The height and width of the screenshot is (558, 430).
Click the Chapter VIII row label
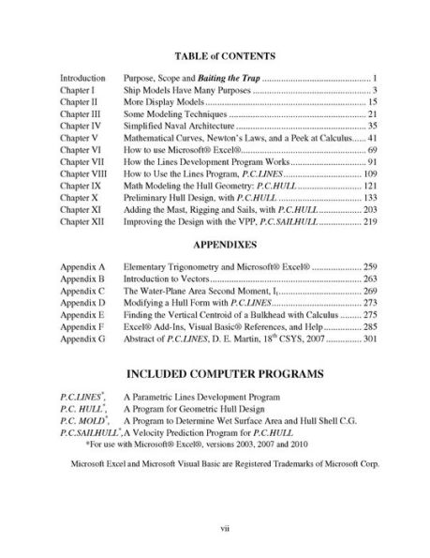pyautogui.click(x=83, y=174)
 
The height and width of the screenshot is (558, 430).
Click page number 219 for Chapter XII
pyautogui.click(x=368, y=223)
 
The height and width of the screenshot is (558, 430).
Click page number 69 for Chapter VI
pyautogui.click(x=371, y=150)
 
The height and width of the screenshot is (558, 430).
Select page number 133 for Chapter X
pyautogui.click(x=368, y=199)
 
